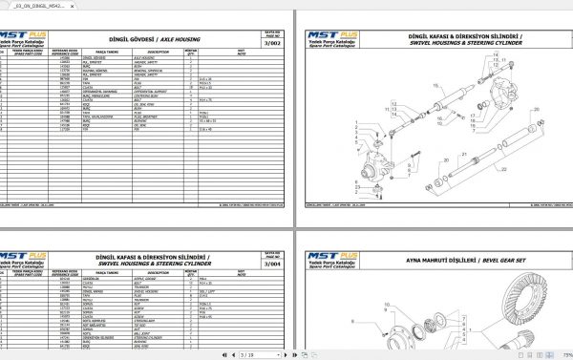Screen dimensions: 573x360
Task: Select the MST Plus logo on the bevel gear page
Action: pos(327,257)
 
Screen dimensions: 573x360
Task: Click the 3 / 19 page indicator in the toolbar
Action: pos(223,353)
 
